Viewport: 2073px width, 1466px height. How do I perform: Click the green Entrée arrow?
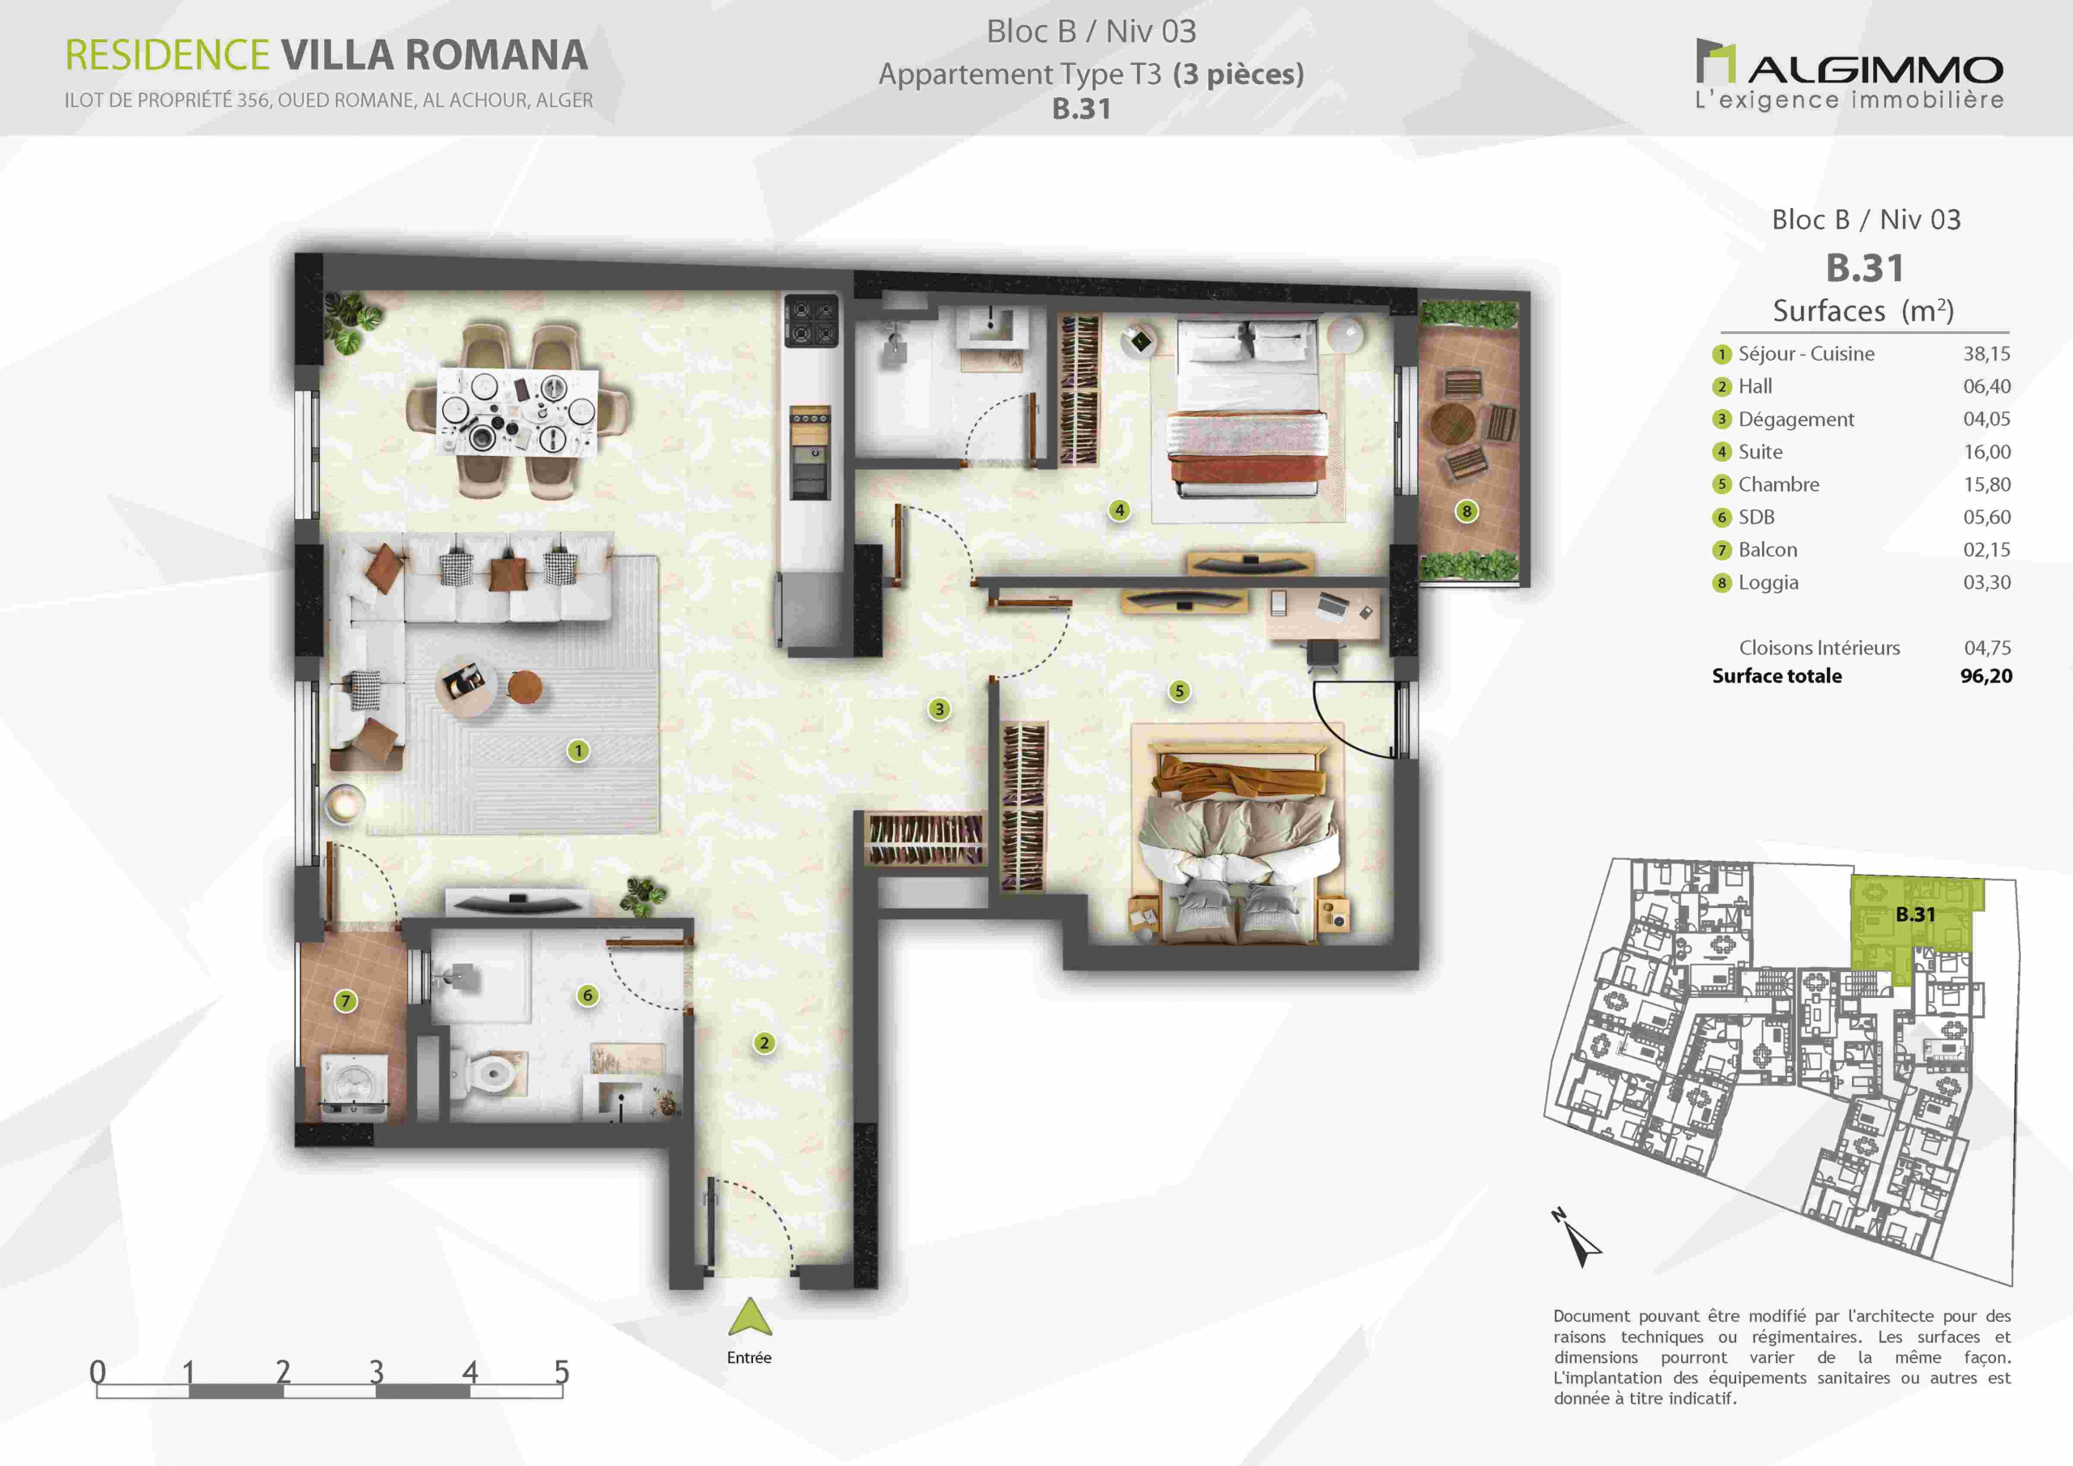(x=749, y=1317)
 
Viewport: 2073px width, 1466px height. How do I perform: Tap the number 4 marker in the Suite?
(x=1120, y=510)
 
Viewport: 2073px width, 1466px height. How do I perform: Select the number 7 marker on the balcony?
(x=345, y=1001)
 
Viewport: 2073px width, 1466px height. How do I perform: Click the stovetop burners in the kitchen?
(x=811, y=322)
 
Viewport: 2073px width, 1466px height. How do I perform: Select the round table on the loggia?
(x=1453, y=422)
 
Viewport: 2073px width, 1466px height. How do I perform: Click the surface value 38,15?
(x=1986, y=354)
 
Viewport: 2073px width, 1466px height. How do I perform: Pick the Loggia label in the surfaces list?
(x=1768, y=582)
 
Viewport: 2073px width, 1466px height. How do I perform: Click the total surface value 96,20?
(x=1986, y=675)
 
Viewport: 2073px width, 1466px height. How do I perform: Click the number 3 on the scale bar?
(x=377, y=1372)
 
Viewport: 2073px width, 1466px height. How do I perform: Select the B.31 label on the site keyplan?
(x=1915, y=914)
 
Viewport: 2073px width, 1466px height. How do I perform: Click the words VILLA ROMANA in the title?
(x=434, y=55)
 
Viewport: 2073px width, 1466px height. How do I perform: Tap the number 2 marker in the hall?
(x=764, y=1043)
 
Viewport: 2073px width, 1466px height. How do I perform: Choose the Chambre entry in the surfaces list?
(x=1779, y=484)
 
